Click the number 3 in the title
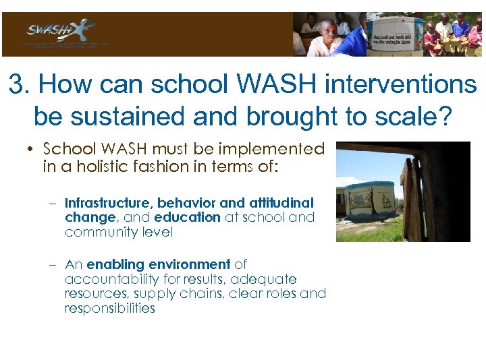pos(16,85)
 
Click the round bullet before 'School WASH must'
pos(33,149)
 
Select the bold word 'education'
pos(187,217)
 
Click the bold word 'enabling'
pos(112,264)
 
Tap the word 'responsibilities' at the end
pos(109,309)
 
